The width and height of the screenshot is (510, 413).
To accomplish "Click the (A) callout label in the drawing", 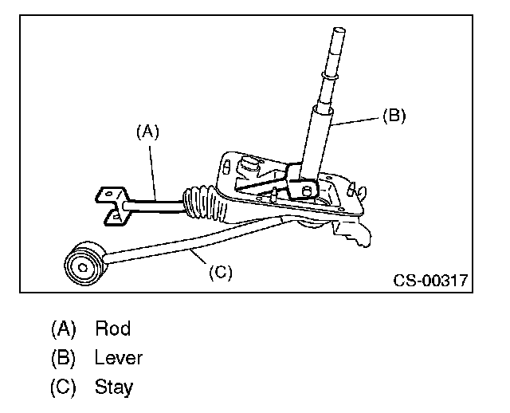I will pos(148,132).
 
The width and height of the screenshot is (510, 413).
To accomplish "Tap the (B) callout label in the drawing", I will pos(394,115).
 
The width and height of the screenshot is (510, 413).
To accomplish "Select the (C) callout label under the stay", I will pos(220,272).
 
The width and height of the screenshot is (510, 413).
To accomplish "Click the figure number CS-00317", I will pos(430,280).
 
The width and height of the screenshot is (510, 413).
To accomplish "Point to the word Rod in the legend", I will pos(112,328).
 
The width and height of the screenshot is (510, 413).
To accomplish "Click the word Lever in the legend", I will pos(119,358).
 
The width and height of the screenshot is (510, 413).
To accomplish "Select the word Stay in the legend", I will pos(114,387).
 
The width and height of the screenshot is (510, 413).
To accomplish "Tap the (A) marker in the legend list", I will pos(63,328).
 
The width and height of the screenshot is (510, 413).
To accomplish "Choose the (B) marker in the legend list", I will pos(63,358).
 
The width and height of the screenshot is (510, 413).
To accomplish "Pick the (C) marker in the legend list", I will pos(63,387).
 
